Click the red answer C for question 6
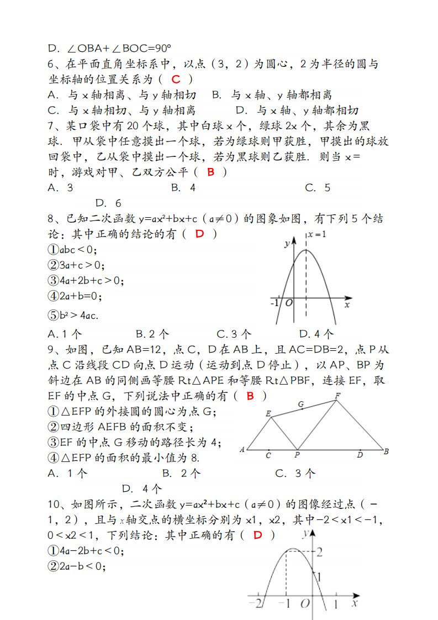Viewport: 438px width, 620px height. coord(176,80)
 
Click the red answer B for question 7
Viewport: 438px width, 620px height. coord(210,172)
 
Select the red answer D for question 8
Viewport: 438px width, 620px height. coord(199,234)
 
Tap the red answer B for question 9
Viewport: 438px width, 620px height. coord(250,396)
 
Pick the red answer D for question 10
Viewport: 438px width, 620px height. coord(257,534)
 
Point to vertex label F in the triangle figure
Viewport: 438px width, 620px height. coord(337,395)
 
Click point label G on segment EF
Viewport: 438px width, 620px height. coord(301,404)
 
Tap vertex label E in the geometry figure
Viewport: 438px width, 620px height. coord(268,413)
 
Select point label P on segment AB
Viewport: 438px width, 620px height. coord(297,456)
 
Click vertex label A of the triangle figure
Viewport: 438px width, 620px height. coord(242,450)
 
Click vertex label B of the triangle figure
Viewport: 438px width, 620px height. coord(386,451)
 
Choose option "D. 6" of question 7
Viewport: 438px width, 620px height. coord(108,203)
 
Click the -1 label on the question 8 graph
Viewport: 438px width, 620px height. coord(275,303)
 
